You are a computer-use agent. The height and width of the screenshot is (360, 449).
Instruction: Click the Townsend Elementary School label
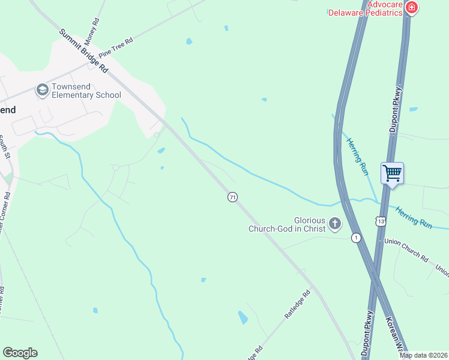click(x=86, y=91)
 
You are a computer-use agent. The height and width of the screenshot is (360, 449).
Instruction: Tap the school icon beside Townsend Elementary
click(x=42, y=91)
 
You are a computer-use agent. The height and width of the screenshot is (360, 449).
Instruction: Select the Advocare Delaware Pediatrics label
click(x=364, y=8)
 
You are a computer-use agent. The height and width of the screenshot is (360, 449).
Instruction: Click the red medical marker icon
click(x=412, y=8)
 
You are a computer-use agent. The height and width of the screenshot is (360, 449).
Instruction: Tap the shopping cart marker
click(x=392, y=173)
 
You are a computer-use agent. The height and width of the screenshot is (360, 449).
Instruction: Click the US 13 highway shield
click(x=381, y=221)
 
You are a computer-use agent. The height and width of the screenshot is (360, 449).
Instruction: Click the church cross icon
click(x=335, y=224)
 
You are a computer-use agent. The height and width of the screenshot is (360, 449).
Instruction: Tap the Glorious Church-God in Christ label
click(x=287, y=224)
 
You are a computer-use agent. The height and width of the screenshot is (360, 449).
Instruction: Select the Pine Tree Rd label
click(x=116, y=46)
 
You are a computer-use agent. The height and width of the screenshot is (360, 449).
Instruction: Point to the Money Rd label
click(x=92, y=32)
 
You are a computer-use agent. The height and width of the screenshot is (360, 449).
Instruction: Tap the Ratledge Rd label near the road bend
click(x=298, y=304)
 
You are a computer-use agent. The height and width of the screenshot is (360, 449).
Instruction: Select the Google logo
click(x=20, y=353)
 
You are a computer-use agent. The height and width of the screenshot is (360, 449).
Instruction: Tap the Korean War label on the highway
click(x=397, y=337)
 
